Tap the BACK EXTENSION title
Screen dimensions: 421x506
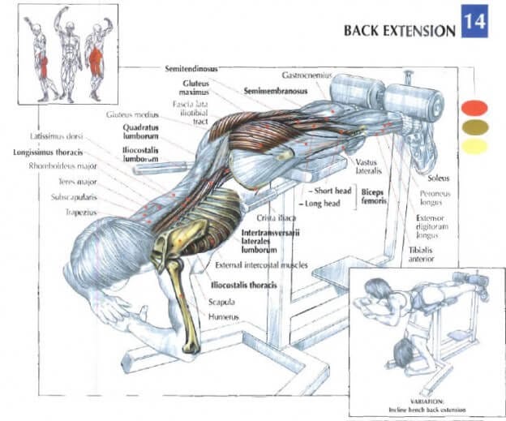pos(399,31)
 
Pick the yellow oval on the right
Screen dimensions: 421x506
pos(474,146)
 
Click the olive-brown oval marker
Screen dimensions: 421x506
pos(474,127)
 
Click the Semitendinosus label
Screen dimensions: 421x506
pos(191,70)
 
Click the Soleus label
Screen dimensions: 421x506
pos(440,177)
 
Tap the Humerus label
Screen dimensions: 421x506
pos(223,316)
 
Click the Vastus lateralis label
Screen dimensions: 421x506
pos(367,167)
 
